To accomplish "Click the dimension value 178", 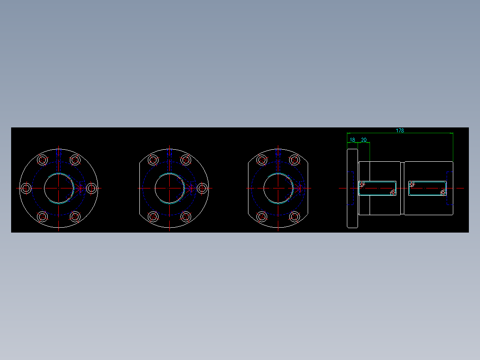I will pos(400,131).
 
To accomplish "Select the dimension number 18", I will pos(352,140).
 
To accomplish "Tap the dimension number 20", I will pos(364,140).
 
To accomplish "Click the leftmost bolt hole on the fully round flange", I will pos(26,188).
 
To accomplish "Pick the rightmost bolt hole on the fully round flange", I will pos(92,188).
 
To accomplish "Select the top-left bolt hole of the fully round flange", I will pos(43,160).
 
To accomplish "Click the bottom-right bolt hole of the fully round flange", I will pos(75,217).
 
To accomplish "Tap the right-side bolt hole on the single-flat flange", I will pos(202,188).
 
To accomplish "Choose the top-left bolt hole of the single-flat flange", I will pos(153,160).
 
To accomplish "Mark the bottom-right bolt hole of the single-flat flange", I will pos(186,217).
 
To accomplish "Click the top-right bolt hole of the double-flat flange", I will pos(294,160).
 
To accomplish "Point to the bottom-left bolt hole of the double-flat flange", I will pos(262,217).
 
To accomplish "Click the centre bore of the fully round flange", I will pos(59,188).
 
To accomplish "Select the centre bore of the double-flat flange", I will pos(278,188).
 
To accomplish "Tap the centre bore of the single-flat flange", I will pos(170,188).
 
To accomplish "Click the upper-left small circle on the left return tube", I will pos(362,184).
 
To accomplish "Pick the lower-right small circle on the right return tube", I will pos(443,192).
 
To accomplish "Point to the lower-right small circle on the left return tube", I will pos(393,192).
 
